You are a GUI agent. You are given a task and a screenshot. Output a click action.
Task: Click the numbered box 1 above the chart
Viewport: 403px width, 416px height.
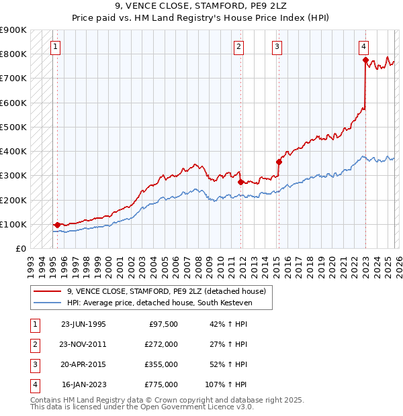point(55,47)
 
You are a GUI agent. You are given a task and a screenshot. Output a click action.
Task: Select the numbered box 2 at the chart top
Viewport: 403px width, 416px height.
point(238,47)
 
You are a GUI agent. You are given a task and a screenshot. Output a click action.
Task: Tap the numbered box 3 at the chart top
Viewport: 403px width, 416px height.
point(277,47)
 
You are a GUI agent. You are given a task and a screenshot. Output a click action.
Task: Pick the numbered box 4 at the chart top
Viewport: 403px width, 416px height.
point(363,47)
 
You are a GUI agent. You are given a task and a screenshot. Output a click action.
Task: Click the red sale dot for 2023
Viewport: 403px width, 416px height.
point(365,60)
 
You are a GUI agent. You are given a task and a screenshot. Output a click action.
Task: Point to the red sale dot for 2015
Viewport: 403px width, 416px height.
point(279,162)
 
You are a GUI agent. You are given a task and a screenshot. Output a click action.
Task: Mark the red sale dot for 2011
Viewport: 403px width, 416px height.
point(240,182)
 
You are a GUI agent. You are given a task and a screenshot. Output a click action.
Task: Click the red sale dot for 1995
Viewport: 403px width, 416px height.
point(57,225)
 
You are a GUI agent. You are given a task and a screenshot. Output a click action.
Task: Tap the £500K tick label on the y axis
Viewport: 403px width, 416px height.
point(13,127)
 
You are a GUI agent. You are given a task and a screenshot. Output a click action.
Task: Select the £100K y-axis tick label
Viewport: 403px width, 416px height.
point(13,224)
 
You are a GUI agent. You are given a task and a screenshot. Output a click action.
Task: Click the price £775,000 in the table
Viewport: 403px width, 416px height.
point(161,384)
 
